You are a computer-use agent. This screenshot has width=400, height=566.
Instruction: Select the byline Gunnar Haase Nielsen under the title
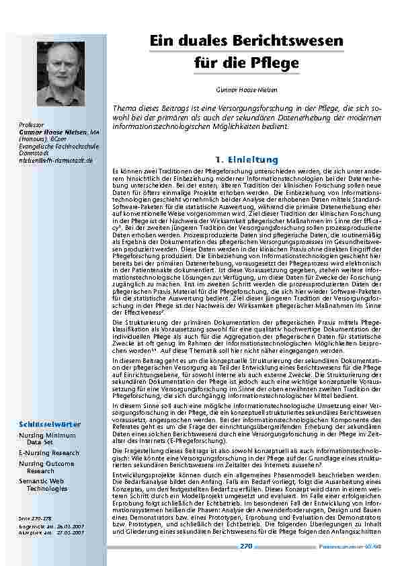tap(245, 89)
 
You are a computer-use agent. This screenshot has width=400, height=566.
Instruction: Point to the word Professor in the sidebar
tap(32, 125)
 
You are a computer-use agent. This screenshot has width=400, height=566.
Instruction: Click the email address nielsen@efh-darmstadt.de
tap(56, 161)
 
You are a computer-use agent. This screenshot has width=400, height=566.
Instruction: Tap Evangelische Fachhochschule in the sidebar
tap(58, 146)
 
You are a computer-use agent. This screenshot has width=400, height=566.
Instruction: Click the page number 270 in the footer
tap(245, 546)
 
